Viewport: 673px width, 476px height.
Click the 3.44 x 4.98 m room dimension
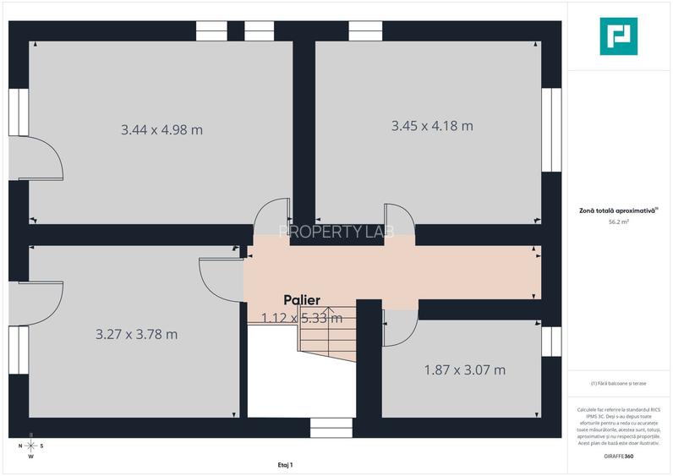point(161,130)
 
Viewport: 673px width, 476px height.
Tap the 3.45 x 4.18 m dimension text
point(432,126)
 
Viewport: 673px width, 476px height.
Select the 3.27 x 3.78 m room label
point(136,334)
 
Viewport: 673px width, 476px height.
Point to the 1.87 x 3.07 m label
point(464,370)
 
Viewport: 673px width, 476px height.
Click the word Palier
point(302,300)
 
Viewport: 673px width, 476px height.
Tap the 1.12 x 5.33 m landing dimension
point(302,318)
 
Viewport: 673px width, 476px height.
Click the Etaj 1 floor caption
point(285,464)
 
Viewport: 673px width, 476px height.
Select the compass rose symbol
point(30,446)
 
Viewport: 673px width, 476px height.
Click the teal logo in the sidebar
point(618,36)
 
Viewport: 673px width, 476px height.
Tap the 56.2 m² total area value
point(618,222)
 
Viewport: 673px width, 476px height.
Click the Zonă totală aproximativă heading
point(618,210)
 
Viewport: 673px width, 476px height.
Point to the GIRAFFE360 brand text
point(618,457)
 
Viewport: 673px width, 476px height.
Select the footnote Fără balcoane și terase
point(618,383)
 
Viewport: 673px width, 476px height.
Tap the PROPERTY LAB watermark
point(336,232)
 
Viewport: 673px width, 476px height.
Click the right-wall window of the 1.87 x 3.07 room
point(551,341)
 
